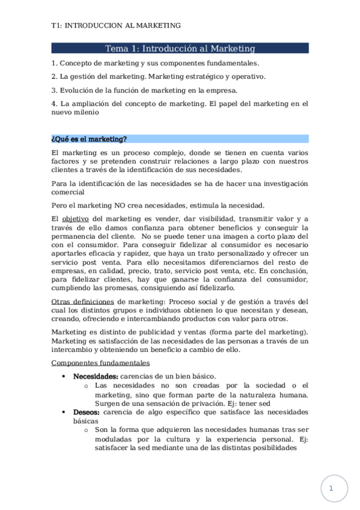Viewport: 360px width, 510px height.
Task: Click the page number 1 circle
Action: pos(330,488)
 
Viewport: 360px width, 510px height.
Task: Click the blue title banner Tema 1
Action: pos(180,48)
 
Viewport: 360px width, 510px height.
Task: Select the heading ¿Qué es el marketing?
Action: pos(89,139)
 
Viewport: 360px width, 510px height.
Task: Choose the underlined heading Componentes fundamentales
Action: pos(100,363)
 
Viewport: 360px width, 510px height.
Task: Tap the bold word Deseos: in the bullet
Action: pos(87,412)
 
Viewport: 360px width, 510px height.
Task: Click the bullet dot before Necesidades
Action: pos(64,375)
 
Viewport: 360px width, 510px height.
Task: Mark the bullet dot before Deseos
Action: pos(64,412)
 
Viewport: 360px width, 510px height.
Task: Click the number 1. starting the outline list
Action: pos(55,63)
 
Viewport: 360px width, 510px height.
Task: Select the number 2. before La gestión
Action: pos(55,76)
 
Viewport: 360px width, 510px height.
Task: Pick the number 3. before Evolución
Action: pos(55,90)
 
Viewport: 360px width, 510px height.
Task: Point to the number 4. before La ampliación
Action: pos(55,104)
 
